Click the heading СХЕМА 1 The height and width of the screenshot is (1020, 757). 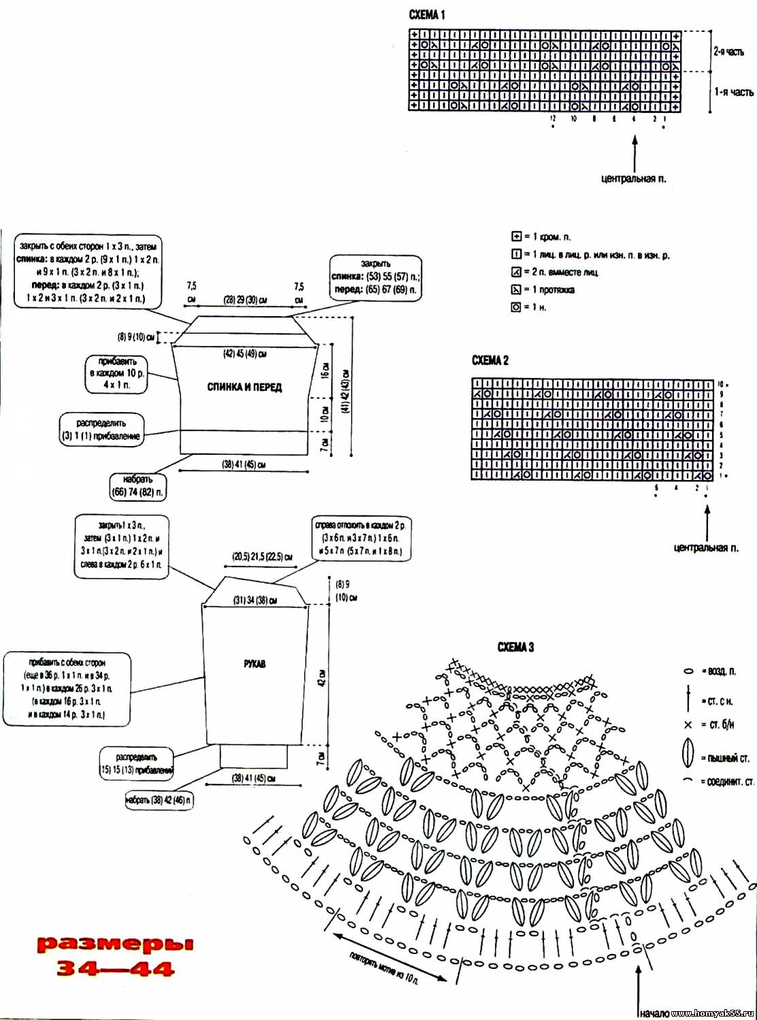click(x=426, y=14)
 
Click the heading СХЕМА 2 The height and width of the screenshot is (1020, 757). click(x=490, y=360)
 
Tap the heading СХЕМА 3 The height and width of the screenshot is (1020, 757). click(x=516, y=647)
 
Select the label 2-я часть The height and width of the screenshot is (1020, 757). click(x=728, y=52)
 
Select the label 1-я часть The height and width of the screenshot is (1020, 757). click(x=733, y=92)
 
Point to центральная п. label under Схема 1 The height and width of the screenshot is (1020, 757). click(x=634, y=179)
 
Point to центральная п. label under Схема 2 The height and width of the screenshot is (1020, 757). click(x=706, y=547)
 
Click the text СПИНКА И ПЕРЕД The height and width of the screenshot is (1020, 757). click(x=244, y=387)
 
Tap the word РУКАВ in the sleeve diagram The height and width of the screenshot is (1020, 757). click(x=255, y=664)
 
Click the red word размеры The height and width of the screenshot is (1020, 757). click(x=115, y=944)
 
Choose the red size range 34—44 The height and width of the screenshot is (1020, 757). click(x=115, y=969)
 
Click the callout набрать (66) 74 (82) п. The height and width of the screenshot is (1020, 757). click(x=137, y=486)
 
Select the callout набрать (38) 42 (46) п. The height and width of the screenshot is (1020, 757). click(x=158, y=800)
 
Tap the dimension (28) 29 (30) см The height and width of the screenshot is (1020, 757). click(x=245, y=300)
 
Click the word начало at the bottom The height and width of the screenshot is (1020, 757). click(x=654, y=1013)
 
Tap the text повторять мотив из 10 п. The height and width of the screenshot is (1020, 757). click(x=384, y=968)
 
